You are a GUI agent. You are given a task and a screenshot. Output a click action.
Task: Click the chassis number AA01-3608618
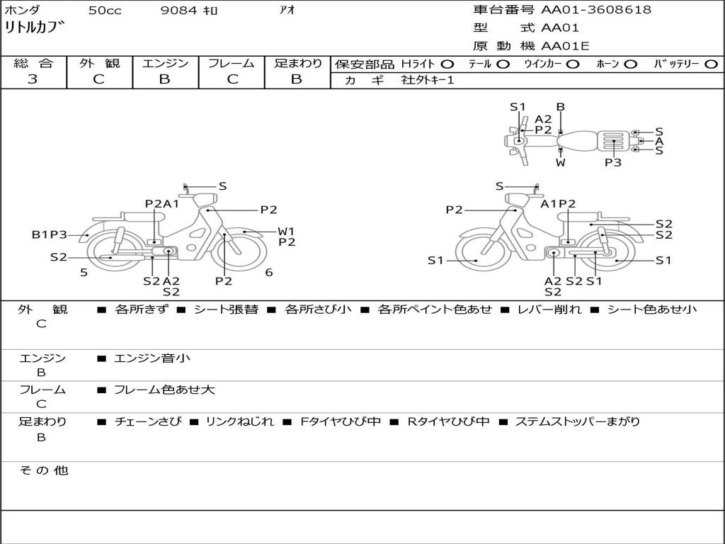[596, 10]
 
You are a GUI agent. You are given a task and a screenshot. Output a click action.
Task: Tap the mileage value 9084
[179, 10]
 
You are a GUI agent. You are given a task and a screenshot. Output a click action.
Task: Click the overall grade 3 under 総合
[33, 79]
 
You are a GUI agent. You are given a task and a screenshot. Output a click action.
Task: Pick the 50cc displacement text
[105, 11]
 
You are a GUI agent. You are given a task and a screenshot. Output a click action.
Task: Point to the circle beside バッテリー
[711, 64]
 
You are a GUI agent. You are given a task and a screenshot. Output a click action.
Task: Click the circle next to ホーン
[631, 64]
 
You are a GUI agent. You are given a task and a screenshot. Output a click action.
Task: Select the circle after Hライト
[447, 64]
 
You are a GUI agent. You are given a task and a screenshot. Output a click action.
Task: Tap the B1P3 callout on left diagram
[49, 234]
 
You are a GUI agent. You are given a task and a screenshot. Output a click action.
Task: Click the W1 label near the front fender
[286, 232]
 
